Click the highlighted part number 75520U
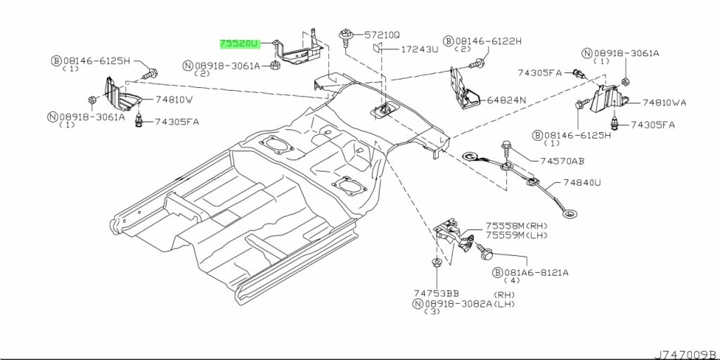239,44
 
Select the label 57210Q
382,34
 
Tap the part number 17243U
420,49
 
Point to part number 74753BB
436,293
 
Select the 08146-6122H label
482,41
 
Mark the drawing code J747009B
686,355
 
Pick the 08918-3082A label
452,304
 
